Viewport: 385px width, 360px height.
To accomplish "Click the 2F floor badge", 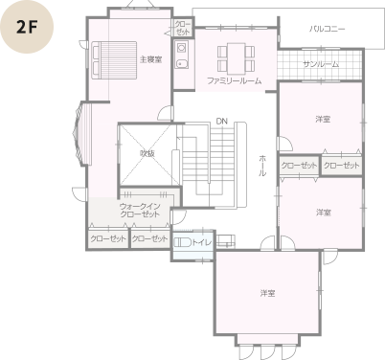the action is (x=27, y=27).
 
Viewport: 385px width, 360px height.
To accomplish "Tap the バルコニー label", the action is (x=327, y=29).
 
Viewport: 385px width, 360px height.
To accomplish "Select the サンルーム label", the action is (x=321, y=64).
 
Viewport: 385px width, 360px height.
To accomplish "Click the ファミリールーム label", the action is (x=235, y=80).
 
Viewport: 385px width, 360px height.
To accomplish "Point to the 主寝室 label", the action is (x=150, y=59).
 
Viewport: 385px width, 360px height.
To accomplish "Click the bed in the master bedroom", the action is (x=114, y=60).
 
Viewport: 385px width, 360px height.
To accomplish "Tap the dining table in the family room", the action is (x=237, y=58).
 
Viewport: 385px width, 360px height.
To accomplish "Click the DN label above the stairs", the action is (x=222, y=122).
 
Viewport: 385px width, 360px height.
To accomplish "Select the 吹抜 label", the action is (x=147, y=153).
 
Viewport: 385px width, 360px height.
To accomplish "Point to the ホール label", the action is (x=262, y=166).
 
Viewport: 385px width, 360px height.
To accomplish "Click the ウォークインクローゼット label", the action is (x=140, y=210).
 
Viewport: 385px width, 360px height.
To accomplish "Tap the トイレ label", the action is (x=201, y=242).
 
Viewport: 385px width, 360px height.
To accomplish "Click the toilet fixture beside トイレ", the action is (x=182, y=242).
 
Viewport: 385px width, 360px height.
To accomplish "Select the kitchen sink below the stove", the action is (x=182, y=64).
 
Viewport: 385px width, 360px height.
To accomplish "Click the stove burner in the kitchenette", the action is (x=182, y=48).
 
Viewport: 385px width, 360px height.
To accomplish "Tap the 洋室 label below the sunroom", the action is (x=323, y=120).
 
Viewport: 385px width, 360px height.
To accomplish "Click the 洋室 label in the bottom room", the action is (x=267, y=293).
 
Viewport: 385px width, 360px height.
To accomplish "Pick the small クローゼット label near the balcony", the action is (x=183, y=28).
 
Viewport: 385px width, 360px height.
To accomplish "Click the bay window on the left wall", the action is (x=81, y=133).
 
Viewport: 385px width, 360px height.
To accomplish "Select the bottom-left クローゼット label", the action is (x=108, y=238).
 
